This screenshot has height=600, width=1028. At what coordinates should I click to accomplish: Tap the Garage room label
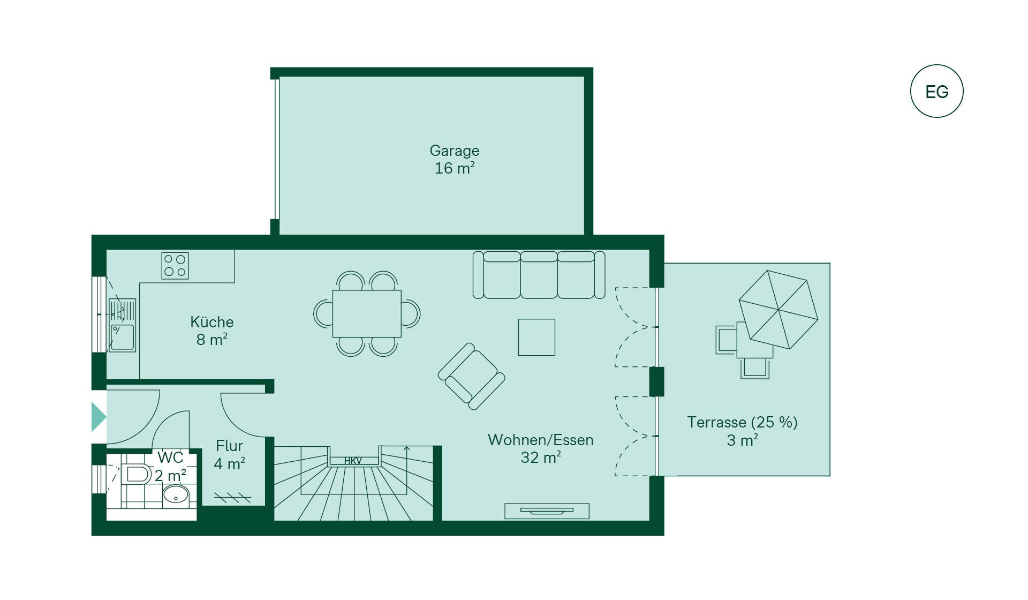[455, 151]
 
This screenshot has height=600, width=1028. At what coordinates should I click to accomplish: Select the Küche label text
[212, 322]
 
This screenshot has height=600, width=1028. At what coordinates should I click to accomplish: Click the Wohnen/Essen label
[541, 440]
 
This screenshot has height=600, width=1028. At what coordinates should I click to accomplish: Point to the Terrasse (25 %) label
[743, 422]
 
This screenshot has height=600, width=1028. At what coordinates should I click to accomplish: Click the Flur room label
[229, 446]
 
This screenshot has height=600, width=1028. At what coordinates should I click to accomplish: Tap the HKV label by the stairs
[353, 461]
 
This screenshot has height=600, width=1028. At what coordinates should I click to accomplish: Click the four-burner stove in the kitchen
[175, 266]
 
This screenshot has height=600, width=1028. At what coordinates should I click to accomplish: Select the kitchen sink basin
[123, 337]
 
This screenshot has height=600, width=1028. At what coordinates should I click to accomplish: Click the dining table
[367, 313]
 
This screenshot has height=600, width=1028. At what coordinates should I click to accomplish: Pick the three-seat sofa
[539, 275]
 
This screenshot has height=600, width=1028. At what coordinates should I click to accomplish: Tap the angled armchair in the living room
[472, 376]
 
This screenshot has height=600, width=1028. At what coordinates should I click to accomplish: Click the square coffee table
[536, 337]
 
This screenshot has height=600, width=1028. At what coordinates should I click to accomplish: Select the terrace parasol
[778, 310]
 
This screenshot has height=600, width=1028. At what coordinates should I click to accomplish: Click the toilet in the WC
[137, 474]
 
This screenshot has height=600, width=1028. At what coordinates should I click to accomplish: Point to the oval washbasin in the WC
[176, 494]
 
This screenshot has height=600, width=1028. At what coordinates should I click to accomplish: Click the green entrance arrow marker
[99, 417]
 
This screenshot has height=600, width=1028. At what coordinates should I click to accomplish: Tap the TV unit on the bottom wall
[547, 511]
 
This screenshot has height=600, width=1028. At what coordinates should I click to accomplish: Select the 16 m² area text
[455, 168]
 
